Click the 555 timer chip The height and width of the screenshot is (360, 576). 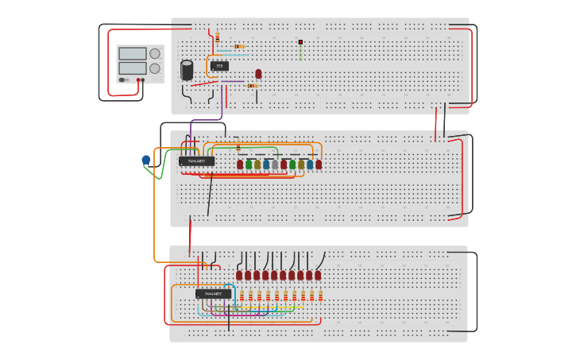click(x=220, y=66)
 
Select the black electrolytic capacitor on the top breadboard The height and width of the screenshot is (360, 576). click(x=187, y=71)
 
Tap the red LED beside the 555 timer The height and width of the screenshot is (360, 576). click(x=258, y=74)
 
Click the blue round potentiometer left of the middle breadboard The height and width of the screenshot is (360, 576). click(x=146, y=160)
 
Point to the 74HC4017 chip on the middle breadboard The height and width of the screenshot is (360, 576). click(x=196, y=161)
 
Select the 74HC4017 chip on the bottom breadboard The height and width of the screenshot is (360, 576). click(x=213, y=294)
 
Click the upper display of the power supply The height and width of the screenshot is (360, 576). click(x=132, y=54)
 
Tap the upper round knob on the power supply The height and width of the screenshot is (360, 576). click(x=155, y=54)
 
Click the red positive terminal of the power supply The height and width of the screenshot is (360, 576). click(x=138, y=79)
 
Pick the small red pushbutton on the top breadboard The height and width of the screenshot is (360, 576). click(x=300, y=42)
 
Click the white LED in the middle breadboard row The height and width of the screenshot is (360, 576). click(x=275, y=165)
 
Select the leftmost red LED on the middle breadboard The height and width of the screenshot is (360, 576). click(x=240, y=165)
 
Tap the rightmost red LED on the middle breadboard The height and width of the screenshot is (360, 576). click(x=319, y=165)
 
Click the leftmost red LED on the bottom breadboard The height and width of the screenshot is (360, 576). click(x=239, y=276)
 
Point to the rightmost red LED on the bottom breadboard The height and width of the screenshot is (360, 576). click(x=318, y=276)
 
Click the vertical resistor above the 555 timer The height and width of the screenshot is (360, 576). click(x=217, y=38)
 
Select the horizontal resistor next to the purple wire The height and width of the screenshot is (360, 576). click(x=251, y=86)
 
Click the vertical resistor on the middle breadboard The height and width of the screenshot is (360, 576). click(x=238, y=145)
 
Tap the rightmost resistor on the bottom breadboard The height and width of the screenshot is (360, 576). click(x=320, y=296)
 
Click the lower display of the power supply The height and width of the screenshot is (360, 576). click(x=132, y=68)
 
